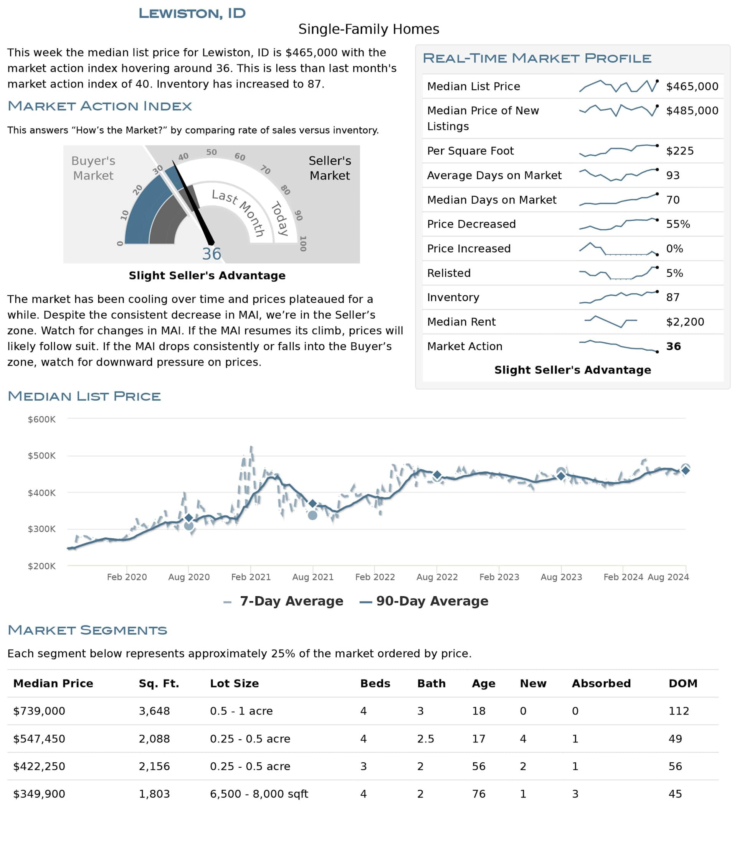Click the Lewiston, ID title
pyautogui.click(x=192, y=13)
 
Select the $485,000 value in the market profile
pyautogui.click(x=692, y=110)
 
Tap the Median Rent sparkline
pyautogui.click(x=610, y=322)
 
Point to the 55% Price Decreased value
pyautogui.click(x=678, y=224)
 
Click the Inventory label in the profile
pyautogui.click(x=453, y=298)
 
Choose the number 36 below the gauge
pyautogui.click(x=212, y=254)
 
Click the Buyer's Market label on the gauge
pyautogui.click(x=93, y=168)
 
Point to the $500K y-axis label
pyautogui.click(x=41, y=456)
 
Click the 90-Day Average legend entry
pyautogui.click(x=425, y=601)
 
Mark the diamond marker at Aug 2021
pyautogui.click(x=312, y=504)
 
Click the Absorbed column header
pyautogui.click(x=601, y=683)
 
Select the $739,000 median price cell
pyautogui.click(x=39, y=711)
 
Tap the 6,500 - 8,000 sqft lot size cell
pyautogui.click(x=259, y=794)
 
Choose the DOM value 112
pyautogui.click(x=679, y=711)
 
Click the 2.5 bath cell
pyautogui.click(x=425, y=739)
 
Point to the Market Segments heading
pyautogui.click(x=87, y=630)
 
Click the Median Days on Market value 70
pyautogui.click(x=673, y=200)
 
